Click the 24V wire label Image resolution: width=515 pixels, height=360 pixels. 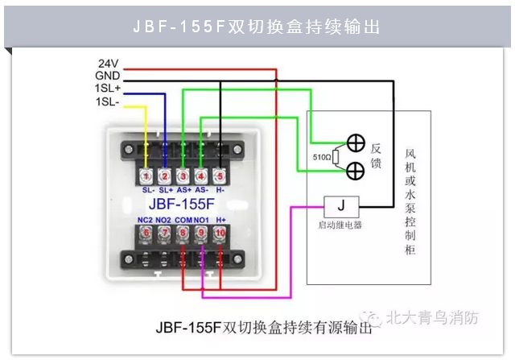[108, 63]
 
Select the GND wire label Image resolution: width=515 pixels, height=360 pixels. [107, 75]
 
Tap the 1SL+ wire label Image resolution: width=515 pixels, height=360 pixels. [107, 88]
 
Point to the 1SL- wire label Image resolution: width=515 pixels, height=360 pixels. [107, 101]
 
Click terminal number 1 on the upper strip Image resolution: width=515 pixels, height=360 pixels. [146, 176]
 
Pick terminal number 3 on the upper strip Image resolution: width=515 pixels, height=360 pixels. [183, 176]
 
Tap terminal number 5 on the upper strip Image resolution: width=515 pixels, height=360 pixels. [220, 176]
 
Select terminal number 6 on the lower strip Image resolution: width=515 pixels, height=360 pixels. [146, 233]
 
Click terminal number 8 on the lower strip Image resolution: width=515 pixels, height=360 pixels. [183, 233]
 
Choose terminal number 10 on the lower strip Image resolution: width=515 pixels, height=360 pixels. [220, 233]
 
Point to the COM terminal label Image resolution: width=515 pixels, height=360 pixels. [183, 219]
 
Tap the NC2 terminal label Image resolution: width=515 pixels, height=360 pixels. [146, 219]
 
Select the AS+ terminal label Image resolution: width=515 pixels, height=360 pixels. [183, 190]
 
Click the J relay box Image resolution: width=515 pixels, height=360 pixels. [340, 207]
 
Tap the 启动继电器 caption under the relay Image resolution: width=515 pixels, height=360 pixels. [340, 226]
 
